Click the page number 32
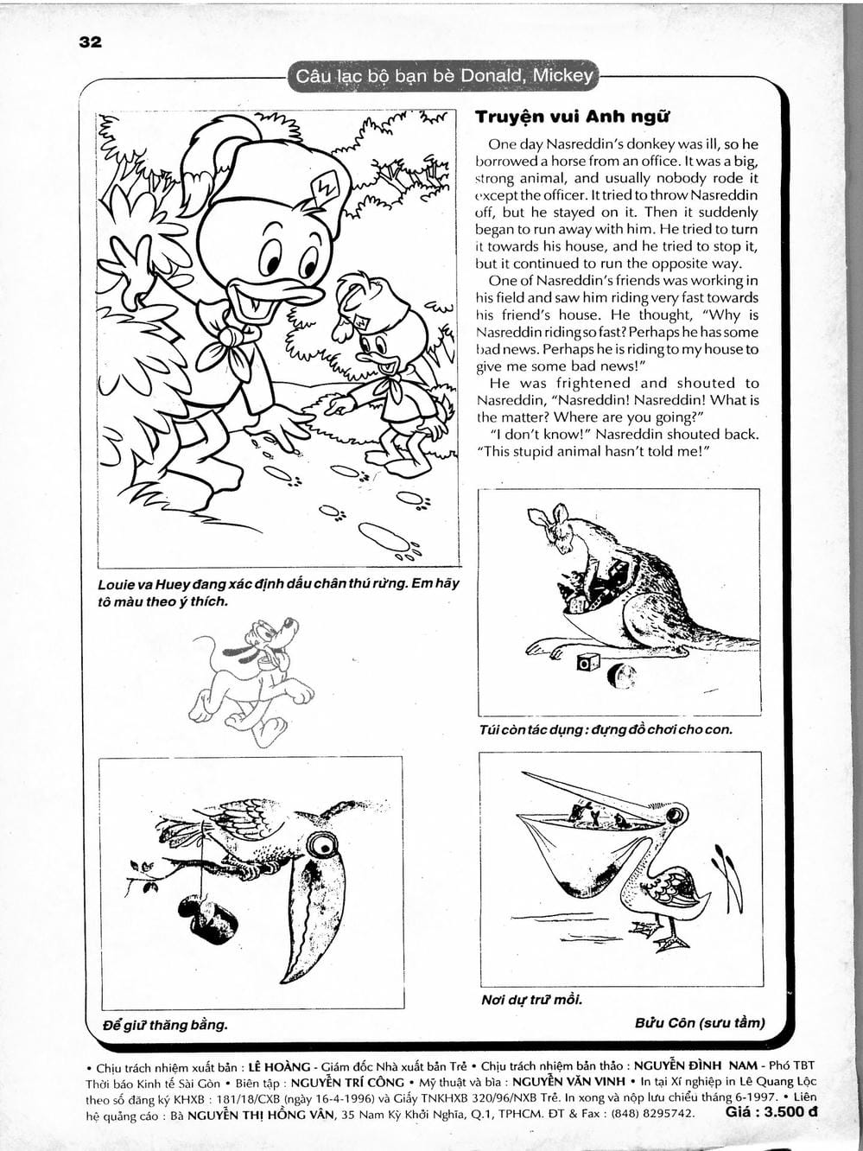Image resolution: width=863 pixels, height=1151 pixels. pyautogui.click(x=90, y=42)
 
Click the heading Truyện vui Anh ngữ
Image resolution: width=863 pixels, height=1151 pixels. pyautogui.click(x=572, y=117)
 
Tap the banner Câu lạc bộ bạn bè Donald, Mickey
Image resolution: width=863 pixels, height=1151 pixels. pyautogui.click(x=444, y=77)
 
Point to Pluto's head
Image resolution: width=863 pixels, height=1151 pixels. pyautogui.click(x=271, y=636)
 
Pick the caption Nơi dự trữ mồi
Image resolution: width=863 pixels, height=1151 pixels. pyautogui.click(x=531, y=1000)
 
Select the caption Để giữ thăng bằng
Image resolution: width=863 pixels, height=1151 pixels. pyautogui.click(x=164, y=1026)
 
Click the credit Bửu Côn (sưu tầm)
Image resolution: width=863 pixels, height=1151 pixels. pyautogui.click(x=700, y=1023)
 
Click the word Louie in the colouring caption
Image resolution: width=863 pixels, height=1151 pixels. pyautogui.click(x=117, y=584)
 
